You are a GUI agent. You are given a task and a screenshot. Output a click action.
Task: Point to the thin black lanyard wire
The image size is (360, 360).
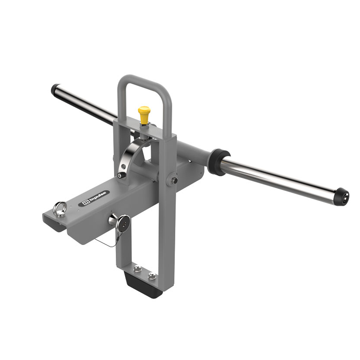tap(106, 243)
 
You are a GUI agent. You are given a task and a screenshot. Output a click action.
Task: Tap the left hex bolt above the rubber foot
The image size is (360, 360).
tap(137, 268)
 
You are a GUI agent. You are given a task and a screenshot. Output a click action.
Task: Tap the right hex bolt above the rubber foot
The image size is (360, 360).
tap(152, 276)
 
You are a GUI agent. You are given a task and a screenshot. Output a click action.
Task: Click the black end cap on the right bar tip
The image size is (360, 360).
tap(342, 197)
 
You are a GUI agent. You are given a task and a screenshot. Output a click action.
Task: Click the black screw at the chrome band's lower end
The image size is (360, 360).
tap(121, 175)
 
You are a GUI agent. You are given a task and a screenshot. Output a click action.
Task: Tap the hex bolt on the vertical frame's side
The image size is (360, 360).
tap(174, 180)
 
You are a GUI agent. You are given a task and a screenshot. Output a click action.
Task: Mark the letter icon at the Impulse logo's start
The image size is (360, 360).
tap(85, 202)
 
